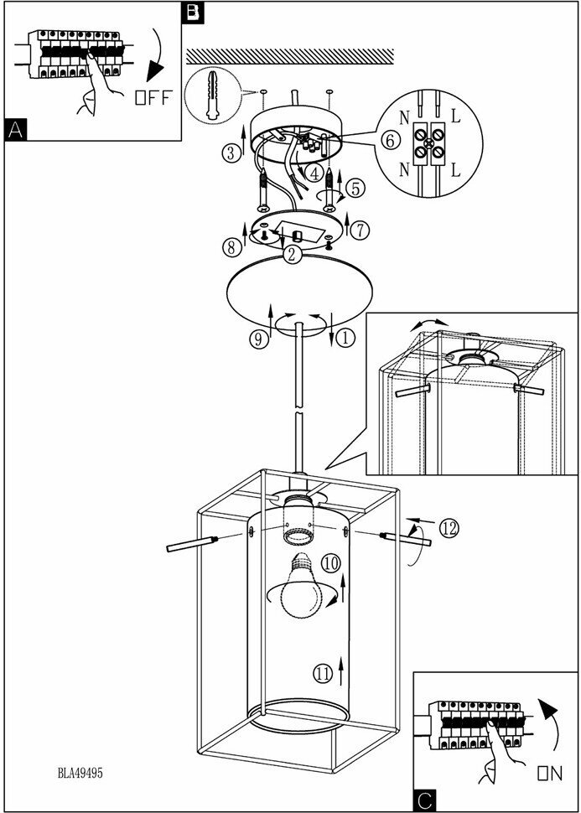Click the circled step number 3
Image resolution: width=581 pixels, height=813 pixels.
click(232, 153)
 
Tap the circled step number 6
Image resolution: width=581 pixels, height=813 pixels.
click(388, 140)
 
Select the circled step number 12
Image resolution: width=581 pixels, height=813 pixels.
click(449, 528)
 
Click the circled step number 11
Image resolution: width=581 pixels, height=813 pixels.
click(323, 671)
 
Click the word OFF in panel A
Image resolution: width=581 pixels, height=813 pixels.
click(153, 97)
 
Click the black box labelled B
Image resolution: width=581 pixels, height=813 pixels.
click(192, 12)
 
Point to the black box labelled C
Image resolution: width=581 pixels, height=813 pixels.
click(424, 802)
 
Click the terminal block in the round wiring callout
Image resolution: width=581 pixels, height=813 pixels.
click(435, 142)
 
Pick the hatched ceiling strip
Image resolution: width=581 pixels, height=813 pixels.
click(289, 56)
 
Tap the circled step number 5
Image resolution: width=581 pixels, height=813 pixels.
click(356, 188)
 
